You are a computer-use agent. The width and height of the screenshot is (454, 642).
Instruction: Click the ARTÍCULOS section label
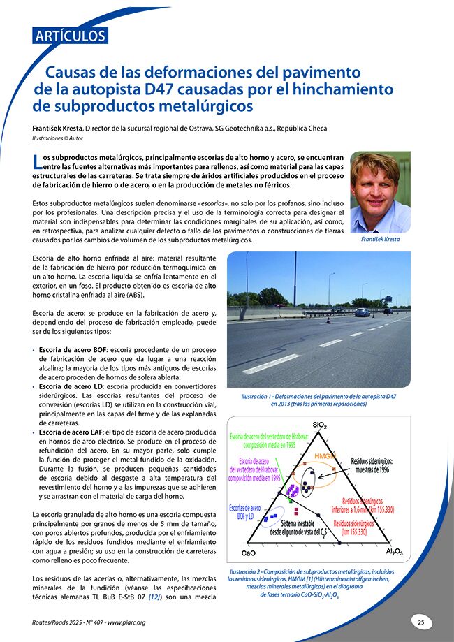(x=71, y=36)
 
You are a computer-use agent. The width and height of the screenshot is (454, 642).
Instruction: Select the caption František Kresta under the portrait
(x=381, y=239)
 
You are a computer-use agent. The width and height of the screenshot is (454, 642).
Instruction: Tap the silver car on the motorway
(x=361, y=312)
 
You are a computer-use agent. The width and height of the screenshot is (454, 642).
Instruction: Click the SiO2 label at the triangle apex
(x=320, y=424)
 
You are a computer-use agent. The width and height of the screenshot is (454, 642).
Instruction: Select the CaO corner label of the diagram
(x=248, y=553)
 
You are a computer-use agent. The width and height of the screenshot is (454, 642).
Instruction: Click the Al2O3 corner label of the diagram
(x=394, y=552)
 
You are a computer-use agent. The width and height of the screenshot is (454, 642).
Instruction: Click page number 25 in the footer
(x=421, y=621)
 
